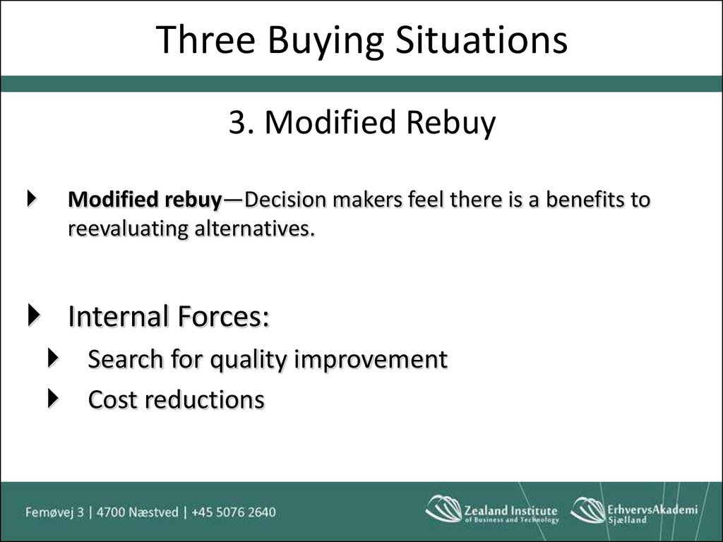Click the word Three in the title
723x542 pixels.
[x=205, y=40]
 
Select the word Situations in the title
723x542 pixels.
[x=482, y=40]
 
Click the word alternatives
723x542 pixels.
[x=254, y=228]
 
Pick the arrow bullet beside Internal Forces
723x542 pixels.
[x=34, y=315]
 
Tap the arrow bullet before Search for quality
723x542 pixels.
[x=54, y=358]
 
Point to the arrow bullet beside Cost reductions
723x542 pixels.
[x=54, y=399]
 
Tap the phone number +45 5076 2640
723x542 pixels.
[x=234, y=512]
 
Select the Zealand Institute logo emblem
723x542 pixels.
[x=443, y=509]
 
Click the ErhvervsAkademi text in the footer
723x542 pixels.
[x=652, y=510]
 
